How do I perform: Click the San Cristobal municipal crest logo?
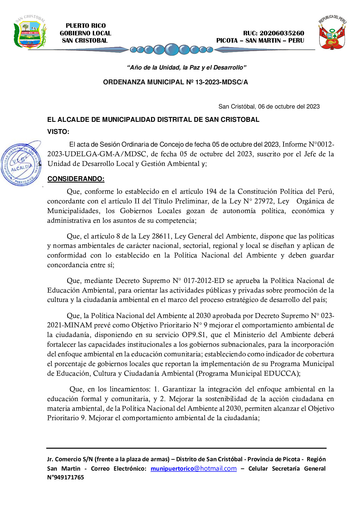[x=30, y=32]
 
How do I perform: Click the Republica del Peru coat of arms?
[x=332, y=33]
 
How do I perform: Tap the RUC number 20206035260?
[x=282, y=33]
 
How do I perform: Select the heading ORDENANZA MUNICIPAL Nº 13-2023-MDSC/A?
[x=175, y=82]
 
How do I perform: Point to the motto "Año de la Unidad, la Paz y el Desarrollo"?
[x=186, y=68]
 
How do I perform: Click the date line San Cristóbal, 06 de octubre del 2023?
[x=269, y=106]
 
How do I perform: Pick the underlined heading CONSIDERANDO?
[x=76, y=179]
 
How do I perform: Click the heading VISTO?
[x=58, y=132]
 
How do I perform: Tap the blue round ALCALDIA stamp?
[x=21, y=164]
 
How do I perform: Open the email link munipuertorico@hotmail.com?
[x=193, y=468]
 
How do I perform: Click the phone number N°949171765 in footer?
[x=66, y=477]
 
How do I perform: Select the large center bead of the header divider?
[x=172, y=49]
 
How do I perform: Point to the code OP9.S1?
[x=193, y=335]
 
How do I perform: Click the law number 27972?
[x=264, y=201]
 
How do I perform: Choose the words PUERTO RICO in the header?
[x=86, y=26]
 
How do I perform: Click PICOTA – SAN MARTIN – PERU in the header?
[x=260, y=41]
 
